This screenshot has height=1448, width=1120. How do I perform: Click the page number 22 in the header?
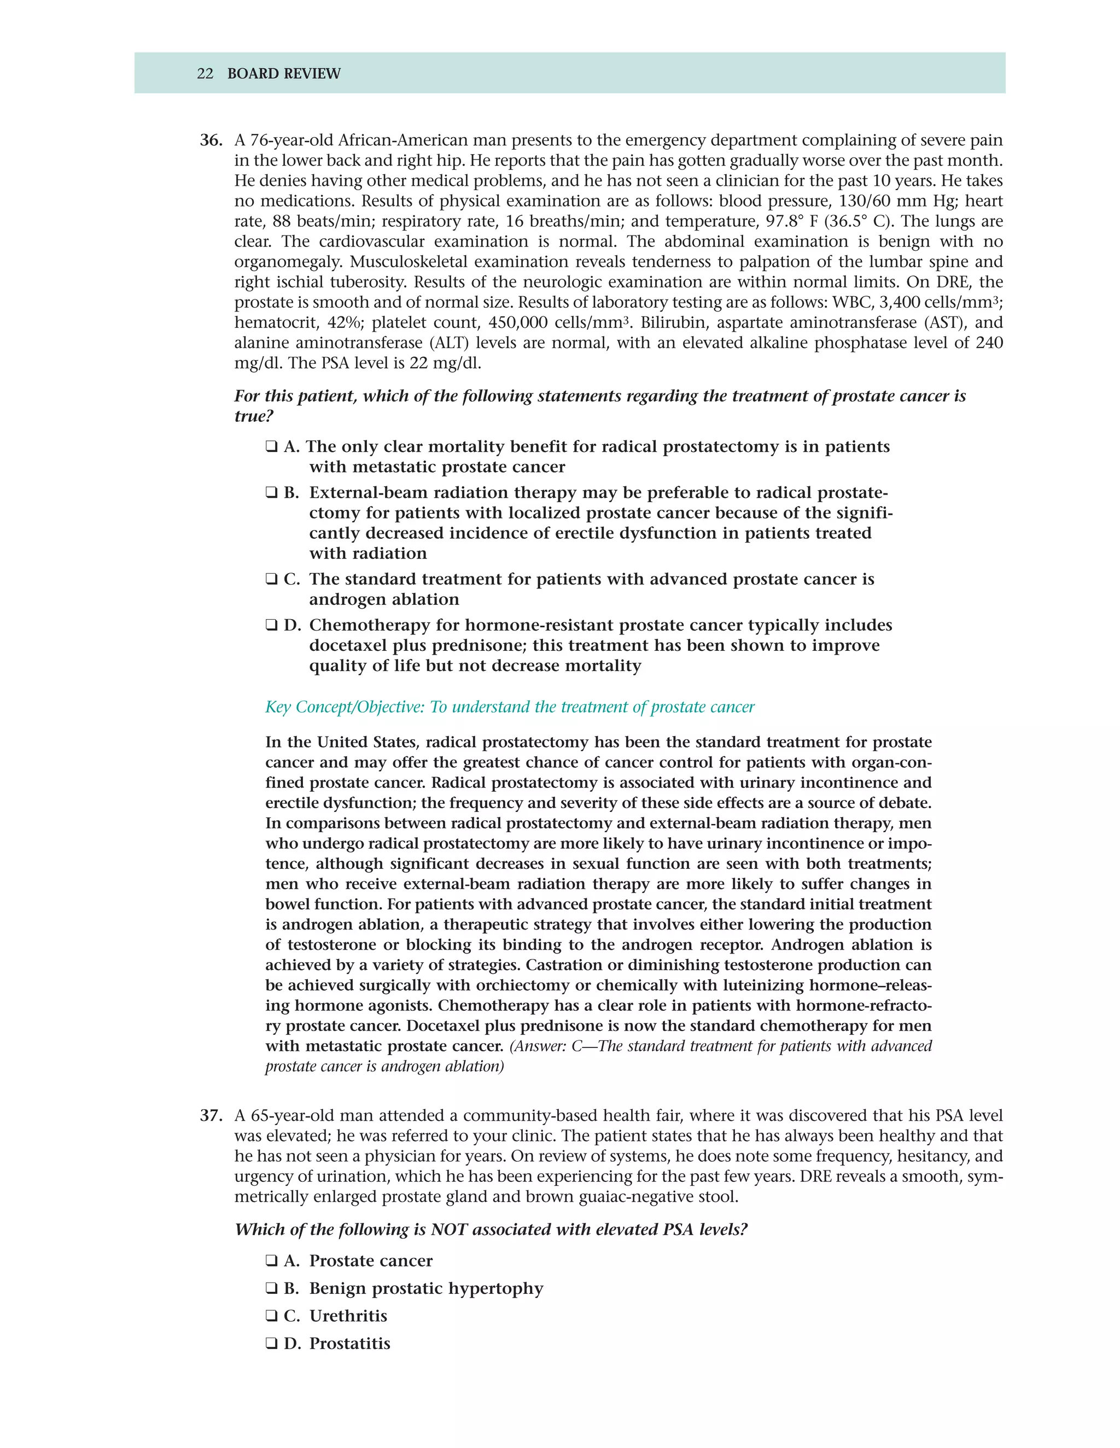[205, 74]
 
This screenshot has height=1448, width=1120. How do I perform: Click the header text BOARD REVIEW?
[283, 74]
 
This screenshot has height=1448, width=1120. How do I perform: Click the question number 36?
[211, 140]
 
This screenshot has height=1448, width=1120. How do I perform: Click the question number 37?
[211, 1116]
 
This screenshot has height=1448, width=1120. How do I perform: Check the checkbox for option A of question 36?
[271, 447]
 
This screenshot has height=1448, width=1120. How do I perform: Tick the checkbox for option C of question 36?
[271, 579]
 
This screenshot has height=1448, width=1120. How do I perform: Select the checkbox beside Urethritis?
[271, 1316]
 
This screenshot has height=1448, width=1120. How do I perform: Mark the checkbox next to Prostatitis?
[271, 1344]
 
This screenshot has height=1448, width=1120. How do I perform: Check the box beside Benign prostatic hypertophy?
[271, 1289]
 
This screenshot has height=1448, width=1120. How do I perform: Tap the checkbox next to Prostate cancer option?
[271, 1261]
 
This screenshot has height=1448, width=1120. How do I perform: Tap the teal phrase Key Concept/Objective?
[343, 708]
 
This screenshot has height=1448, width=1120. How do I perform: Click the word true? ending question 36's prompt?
[254, 416]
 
